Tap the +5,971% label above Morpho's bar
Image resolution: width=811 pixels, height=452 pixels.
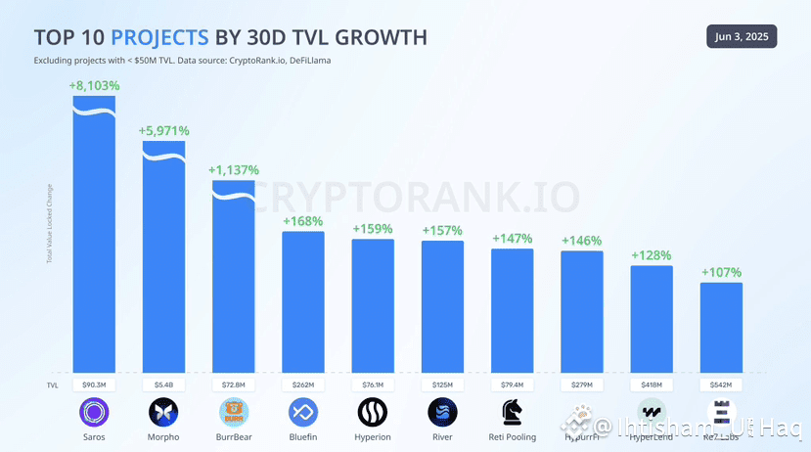[x=163, y=130]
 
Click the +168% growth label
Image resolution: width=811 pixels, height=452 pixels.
[x=303, y=221]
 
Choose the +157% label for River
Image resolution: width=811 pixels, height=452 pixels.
[x=442, y=230]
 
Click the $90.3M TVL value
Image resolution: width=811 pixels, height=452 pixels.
[x=94, y=384]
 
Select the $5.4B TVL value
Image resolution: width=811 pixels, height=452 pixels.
[x=163, y=384]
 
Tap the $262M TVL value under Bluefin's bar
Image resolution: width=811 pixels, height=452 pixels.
[x=303, y=384]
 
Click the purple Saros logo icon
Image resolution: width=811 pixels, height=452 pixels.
[x=94, y=412]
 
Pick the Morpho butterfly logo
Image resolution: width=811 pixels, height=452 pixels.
[x=163, y=412]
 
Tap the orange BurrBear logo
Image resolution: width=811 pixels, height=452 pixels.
[x=234, y=412]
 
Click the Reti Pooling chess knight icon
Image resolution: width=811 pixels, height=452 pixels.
[x=512, y=412]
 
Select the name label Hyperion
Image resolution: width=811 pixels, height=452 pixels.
[x=373, y=437]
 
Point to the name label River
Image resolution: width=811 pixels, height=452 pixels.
[x=442, y=437]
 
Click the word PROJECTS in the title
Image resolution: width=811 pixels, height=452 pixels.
[x=159, y=38]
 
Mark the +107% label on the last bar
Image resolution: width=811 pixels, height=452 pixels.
[x=721, y=272]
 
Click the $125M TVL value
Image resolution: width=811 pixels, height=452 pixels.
[x=442, y=384]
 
